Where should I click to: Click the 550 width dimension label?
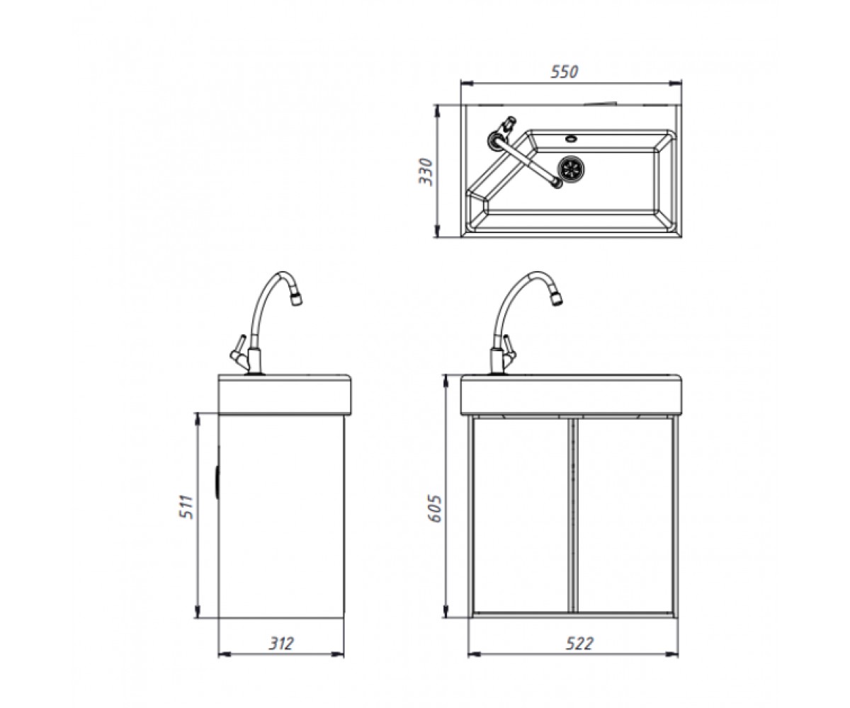click(x=565, y=72)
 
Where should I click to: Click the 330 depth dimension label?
click(x=426, y=171)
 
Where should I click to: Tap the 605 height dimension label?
click(x=435, y=508)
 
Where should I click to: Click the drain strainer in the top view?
click(x=572, y=167)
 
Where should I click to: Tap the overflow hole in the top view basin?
click(x=571, y=138)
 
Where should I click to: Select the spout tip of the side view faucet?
click(x=296, y=300)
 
